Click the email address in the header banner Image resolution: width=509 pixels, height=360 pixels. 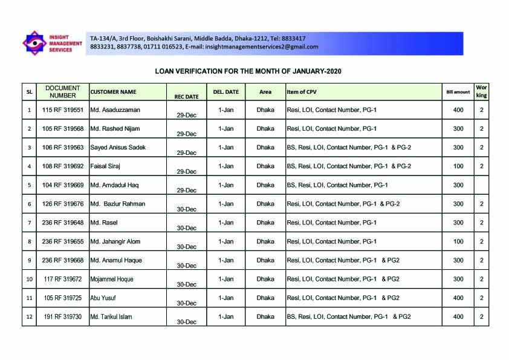[x=262, y=47]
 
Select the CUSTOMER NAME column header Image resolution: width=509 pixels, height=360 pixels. [x=113, y=92]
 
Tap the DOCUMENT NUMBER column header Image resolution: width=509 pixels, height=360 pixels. [x=63, y=91]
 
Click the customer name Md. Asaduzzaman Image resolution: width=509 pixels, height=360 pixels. [x=115, y=110]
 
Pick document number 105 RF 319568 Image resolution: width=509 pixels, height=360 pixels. [x=63, y=129]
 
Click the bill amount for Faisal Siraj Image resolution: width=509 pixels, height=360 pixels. [x=458, y=166]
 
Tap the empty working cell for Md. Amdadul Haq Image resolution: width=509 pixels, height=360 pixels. [x=481, y=185]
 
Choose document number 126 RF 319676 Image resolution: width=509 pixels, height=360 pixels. [x=63, y=204]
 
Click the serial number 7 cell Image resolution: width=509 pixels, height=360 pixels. [x=29, y=223]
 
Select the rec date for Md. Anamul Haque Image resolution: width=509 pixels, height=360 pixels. [x=186, y=265]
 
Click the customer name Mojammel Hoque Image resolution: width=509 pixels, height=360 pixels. [x=112, y=279]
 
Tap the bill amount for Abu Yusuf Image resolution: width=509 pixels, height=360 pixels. [x=458, y=298]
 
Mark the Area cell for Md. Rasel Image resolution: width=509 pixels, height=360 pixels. [x=265, y=223]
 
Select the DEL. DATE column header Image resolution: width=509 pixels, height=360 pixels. [x=226, y=92]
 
